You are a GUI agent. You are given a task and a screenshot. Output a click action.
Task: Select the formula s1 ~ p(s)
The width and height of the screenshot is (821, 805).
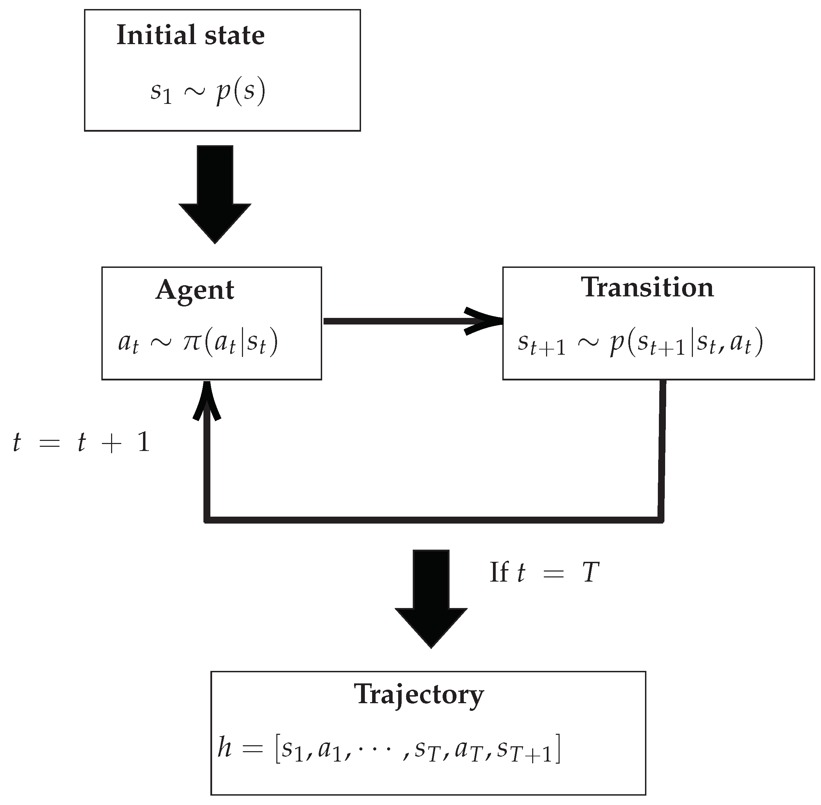(x=208, y=92)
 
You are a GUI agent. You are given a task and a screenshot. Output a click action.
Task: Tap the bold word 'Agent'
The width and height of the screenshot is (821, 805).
(x=194, y=290)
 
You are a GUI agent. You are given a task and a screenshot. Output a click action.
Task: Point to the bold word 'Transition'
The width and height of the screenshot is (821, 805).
(x=647, y=288)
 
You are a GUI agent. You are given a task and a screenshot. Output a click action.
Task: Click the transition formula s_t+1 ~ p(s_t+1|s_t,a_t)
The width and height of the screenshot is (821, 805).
(x=640, y=343)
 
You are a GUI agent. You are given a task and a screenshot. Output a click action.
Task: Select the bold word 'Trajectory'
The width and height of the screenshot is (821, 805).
(x=418, y=694)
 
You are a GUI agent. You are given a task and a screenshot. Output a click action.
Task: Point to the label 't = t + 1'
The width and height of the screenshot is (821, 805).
(x=82, y=443)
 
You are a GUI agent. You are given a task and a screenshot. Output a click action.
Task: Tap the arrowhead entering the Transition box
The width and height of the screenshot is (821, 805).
(x=486, y=322)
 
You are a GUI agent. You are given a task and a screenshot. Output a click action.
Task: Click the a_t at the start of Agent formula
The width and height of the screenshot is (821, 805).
(x=128, y=343)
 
